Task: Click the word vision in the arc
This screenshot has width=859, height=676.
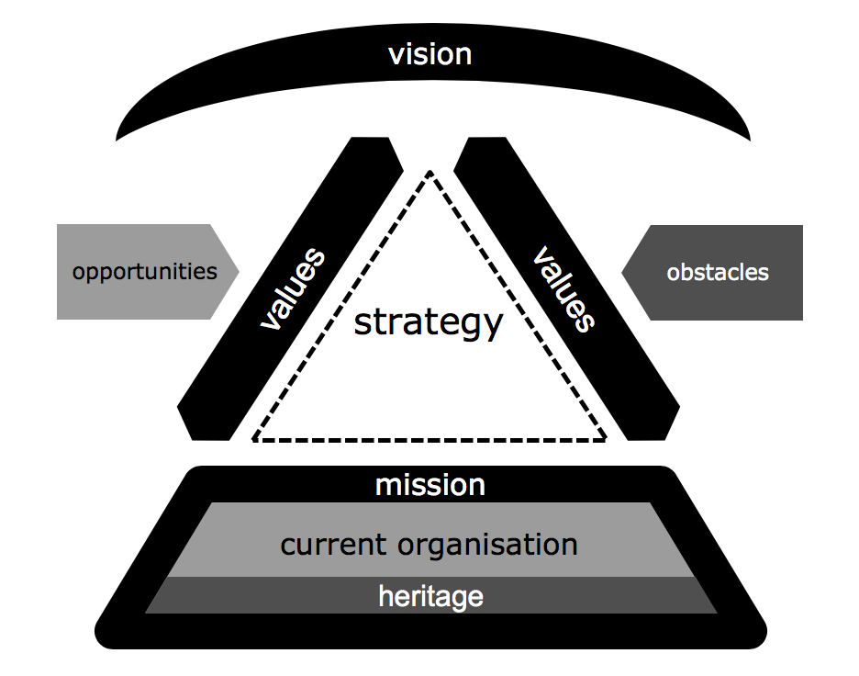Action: (429, 54)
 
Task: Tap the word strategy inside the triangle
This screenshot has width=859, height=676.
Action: (429, 322)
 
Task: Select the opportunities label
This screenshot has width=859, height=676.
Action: (145, 272)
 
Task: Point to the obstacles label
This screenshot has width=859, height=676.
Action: (718, 272)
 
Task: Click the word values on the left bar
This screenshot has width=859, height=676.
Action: (293, 288)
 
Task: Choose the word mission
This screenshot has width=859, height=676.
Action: (429, 484)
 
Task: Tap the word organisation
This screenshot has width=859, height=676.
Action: (487, 545)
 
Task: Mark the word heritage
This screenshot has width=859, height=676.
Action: (430, 596)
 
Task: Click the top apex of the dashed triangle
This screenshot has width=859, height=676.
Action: (429, 171)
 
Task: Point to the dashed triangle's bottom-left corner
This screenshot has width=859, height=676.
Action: (253, 439)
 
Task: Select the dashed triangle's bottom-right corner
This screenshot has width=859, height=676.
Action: (606, 439)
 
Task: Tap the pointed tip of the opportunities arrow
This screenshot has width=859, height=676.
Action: (239, 272)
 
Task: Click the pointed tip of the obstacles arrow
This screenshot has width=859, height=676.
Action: (622, 272)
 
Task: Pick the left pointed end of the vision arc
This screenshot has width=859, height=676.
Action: (116, 140)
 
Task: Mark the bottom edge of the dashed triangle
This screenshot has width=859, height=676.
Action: (429, 440)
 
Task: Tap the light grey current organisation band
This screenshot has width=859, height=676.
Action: (229, 542)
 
